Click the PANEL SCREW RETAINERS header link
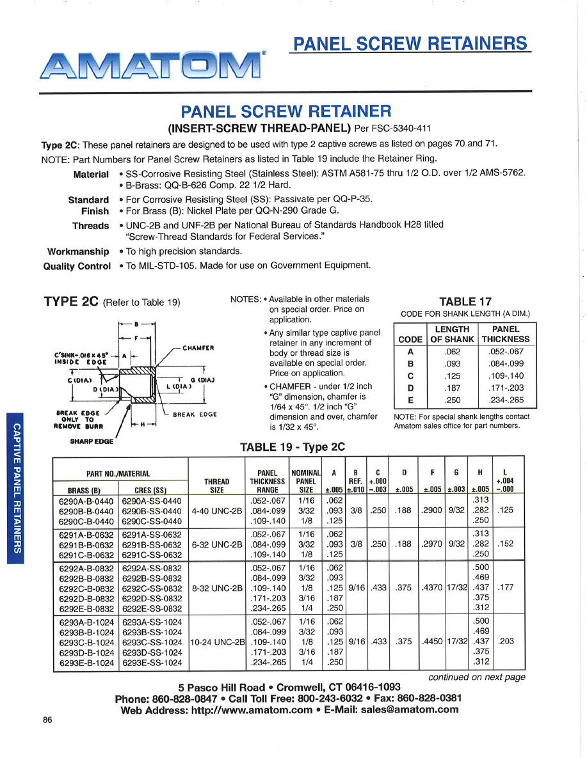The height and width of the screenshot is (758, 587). pyautogui.click(x=410, y=43)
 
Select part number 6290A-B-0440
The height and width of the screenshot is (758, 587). pyautogui.click(x=86, y=501)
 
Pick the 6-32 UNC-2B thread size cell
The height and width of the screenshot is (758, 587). pyautogui.click(x=217, y=544)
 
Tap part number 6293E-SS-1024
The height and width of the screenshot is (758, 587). pyautogui.click(x=152, y=663)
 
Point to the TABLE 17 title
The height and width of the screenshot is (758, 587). pyautogui.click(x=465, y=301)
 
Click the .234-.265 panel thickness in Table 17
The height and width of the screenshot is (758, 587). pyautogui.click(x=506, y=400)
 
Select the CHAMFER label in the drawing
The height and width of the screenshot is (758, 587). pyautogui.click(x=198, y=348)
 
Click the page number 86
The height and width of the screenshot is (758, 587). pyautogui.click(x=47, y=720)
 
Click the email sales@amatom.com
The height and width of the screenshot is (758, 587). pyautogui.click(x=410, y=709)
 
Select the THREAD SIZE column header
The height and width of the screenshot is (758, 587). pyautogui.click(x=217, y=486)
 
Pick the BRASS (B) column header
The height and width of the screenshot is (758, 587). pyautogui.click(x=86, y=491)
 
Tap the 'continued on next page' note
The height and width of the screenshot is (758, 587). pyautogui.click(x=476, y=677)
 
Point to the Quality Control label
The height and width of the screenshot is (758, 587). pyautogui.click(x=77, y=265)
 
